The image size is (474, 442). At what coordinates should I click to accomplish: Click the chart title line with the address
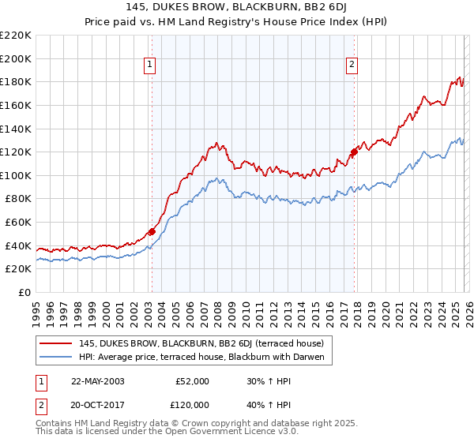tap(236, 6)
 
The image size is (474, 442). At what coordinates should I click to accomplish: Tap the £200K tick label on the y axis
tap(16, 58)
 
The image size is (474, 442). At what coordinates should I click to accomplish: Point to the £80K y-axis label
tap(18, 199)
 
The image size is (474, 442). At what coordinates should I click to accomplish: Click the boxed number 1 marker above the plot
tap(150, 66)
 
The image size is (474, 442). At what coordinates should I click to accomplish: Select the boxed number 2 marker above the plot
tap(352, 66)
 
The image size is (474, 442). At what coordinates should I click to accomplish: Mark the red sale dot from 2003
tap(152, 231)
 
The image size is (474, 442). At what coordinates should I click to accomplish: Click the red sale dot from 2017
tap(353, 152)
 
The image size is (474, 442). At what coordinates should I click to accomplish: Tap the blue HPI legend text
tap(202, 358)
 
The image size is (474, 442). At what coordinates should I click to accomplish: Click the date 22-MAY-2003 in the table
tap(97, 380)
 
